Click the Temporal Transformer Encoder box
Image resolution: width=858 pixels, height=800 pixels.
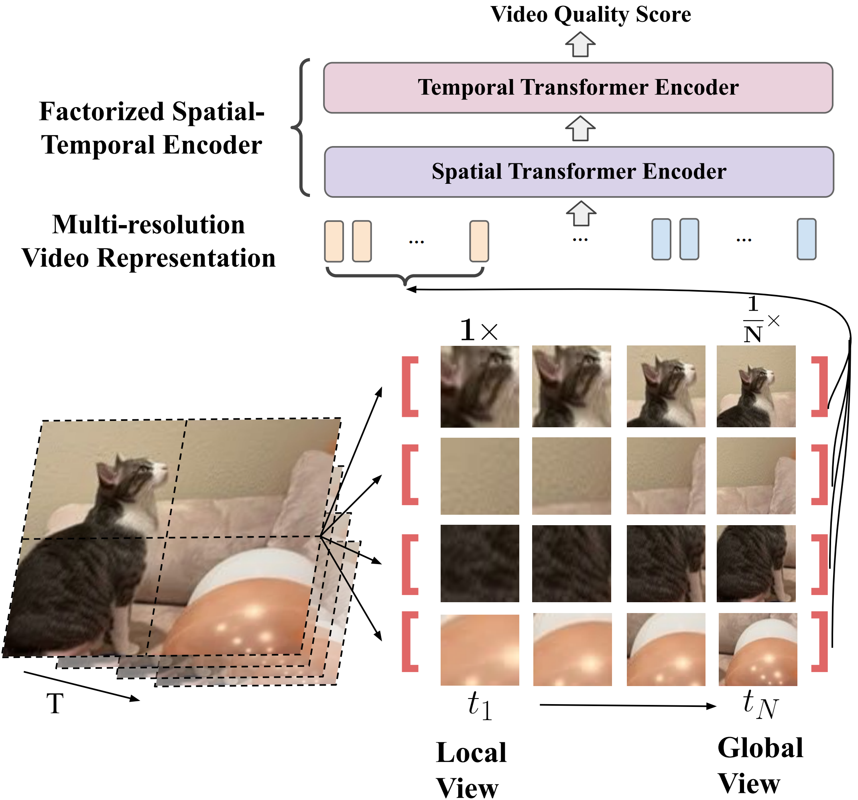[577, 87]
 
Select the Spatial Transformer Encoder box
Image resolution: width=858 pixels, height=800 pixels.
[578, 172]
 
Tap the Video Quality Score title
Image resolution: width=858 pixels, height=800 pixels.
[590, 14]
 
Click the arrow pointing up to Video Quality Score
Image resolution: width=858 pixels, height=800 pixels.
[580, 45]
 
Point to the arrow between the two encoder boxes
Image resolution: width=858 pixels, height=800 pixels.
[580, 129]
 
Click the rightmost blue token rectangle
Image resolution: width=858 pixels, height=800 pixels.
[806, 239]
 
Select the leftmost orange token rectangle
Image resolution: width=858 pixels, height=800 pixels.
[333, 241]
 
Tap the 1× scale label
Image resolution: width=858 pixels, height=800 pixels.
[478, 331]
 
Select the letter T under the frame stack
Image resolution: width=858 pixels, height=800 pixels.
[55, 704]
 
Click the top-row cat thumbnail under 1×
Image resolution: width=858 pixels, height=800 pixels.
[480, 386]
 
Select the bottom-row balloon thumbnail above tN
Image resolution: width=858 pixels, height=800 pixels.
[757, 649]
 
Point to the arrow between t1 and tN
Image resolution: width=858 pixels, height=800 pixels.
[628, 705]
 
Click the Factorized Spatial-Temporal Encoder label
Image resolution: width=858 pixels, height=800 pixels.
[151, 128]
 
